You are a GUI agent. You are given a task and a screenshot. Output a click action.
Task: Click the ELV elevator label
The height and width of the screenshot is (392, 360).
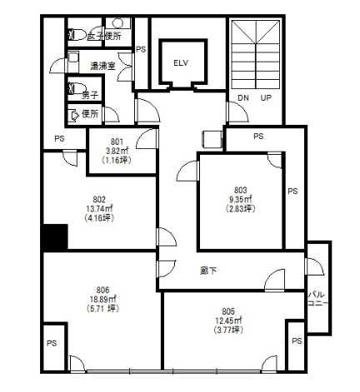coord(181,63)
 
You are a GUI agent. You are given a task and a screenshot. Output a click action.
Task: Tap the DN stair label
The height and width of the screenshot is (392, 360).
coord(243,97)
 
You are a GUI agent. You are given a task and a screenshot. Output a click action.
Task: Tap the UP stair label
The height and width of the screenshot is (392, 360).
coord(266,97)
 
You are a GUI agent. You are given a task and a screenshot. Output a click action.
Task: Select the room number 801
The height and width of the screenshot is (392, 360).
coord(117,141)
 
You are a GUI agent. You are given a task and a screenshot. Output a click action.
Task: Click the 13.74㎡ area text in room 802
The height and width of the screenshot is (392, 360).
coord(99,209)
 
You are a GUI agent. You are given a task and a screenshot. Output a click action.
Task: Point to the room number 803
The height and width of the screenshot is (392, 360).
coord(240,190)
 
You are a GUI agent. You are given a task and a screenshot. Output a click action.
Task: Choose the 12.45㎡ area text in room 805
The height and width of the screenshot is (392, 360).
coord(228,320)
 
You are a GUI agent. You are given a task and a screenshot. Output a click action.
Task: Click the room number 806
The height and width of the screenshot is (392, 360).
coord(102,290)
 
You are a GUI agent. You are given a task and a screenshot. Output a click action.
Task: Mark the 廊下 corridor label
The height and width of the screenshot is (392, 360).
coord(208,270)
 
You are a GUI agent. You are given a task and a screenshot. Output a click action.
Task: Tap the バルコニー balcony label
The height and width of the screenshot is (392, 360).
coord(317,299)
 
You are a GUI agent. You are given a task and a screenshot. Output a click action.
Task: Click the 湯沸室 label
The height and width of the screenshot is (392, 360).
coord(103,66)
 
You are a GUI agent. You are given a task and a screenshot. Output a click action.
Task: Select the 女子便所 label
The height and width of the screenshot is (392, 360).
coord(104,36)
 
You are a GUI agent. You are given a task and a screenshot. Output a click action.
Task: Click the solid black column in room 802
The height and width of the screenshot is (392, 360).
coord(56,237)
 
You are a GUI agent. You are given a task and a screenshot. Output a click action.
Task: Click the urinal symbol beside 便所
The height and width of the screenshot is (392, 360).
coord(74,116)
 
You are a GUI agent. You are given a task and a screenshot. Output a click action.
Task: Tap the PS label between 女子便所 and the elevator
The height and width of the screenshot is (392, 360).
coord(141,49)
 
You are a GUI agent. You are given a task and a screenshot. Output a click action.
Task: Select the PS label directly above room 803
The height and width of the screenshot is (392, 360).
coord(258,136)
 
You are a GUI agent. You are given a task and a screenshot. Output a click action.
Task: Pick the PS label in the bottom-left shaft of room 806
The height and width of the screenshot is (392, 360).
coord(52,344)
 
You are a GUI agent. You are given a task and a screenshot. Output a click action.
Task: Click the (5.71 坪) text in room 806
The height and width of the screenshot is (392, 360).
coord(102,309)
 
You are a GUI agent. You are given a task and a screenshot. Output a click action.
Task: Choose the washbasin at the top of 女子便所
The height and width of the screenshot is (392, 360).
coord(117,23)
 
